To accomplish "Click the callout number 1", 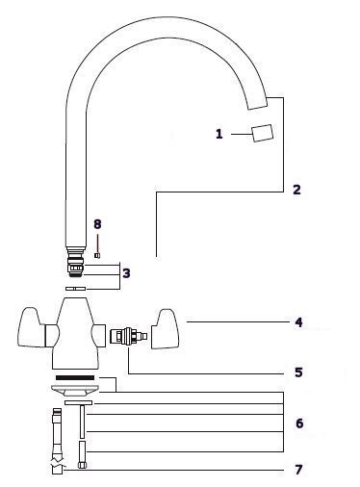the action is coord(219,134).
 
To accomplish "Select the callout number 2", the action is coord(296,190).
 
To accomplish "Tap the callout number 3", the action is coord(126,273).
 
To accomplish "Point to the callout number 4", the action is coord(298,322).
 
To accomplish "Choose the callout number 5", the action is coord(298,372).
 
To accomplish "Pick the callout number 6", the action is coord(299,423).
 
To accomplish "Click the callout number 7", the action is coord(298,470).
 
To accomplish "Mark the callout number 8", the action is coord(97,224).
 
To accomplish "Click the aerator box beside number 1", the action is coord(263,133).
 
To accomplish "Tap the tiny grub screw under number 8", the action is coord(97,255).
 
